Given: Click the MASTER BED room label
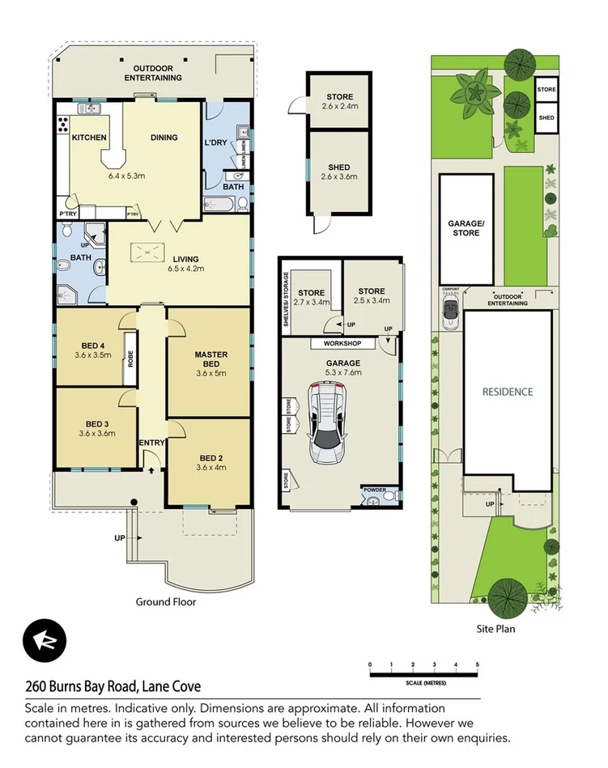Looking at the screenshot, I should tap(210, 359).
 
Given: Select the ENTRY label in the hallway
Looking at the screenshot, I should tap(151, 443).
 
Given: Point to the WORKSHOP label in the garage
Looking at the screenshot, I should tap(335, 343).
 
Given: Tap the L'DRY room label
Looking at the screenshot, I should tap(216, 143).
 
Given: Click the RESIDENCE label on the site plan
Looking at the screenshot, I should tap(508, 392).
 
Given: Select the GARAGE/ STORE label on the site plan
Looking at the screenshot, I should tap(464, 227).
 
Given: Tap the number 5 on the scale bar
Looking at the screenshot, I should tap(478, 664).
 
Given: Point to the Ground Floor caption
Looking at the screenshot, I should tap(165, 601).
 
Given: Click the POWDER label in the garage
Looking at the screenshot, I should tap(375, 489).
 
